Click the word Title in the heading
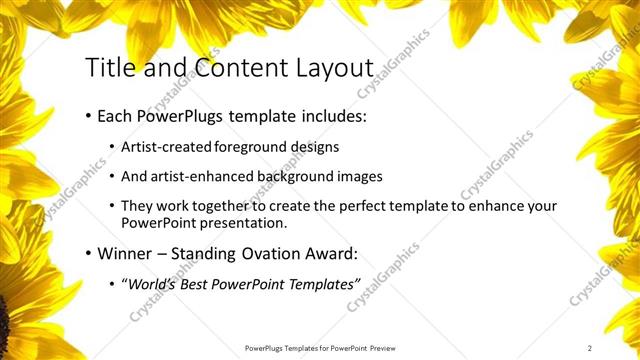[x=108, y=68]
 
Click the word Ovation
[x=266, y=253]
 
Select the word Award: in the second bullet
[x=329, y=253]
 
